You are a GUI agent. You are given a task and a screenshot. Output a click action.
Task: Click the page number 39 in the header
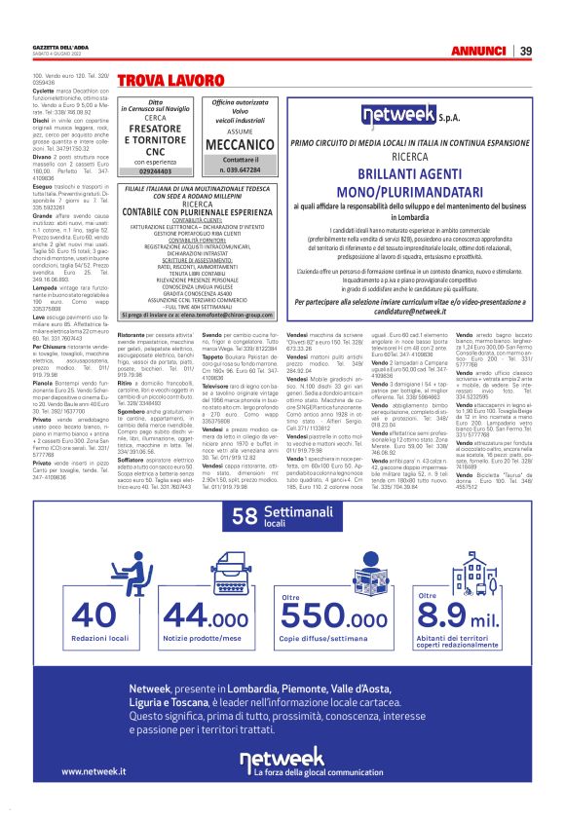point(525,51)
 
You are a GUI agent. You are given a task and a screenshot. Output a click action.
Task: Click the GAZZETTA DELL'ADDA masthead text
point(56,47)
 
